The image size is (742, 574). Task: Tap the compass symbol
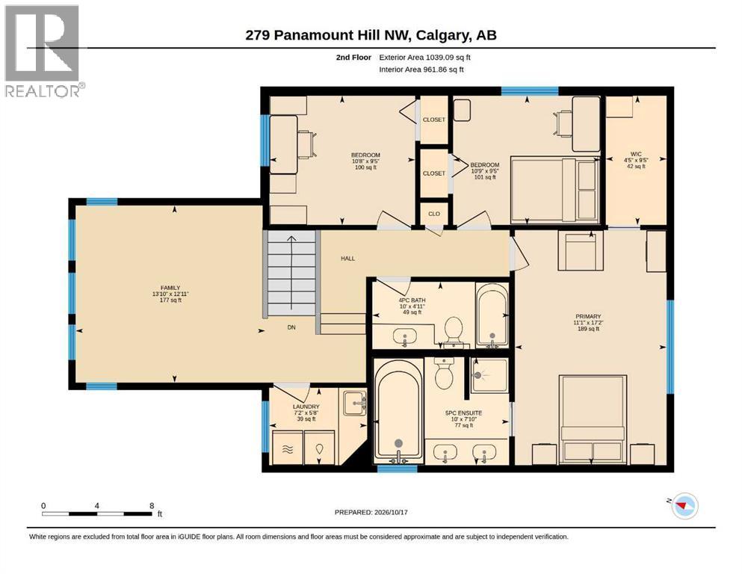[684, 505]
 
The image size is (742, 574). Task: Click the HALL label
[347, 259]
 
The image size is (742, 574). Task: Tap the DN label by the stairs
[291, 327]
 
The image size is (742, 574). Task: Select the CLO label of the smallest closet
[434, 214]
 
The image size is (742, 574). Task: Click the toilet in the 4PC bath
[454, 331]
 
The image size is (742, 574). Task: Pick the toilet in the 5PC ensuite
[445, 372]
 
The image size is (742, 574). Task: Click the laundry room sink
[354, 403]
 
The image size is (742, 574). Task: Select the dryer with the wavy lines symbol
[287, 447]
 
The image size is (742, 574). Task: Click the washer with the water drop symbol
[319, 447]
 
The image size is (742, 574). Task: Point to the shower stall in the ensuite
[489, 374]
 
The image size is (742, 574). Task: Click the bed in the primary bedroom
[593, 419]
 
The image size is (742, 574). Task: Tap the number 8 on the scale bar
[152, 505]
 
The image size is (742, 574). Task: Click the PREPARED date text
[371, 512]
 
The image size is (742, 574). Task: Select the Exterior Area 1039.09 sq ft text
[424, 58]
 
